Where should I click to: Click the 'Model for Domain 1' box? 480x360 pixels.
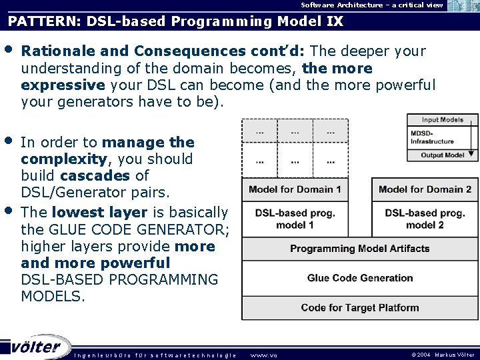click(295, 189)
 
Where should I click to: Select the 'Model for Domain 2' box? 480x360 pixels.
click(425, 189)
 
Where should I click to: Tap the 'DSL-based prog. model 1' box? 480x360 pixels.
click(295, 219)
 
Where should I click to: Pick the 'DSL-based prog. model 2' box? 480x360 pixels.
click(425, 219)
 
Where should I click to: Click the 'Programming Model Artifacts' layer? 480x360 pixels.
click(359, 249)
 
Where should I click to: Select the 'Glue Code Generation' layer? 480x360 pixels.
click(359, 278)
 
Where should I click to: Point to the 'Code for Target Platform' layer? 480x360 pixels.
click(359, 307)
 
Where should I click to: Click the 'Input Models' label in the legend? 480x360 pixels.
click(443, 120)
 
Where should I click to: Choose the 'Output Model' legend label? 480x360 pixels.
click(442, 155)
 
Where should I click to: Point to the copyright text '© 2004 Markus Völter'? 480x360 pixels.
click(443, 355)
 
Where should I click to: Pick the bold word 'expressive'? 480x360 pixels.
click(63, 85)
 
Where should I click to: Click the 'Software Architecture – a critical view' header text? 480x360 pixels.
click(371, 5)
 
